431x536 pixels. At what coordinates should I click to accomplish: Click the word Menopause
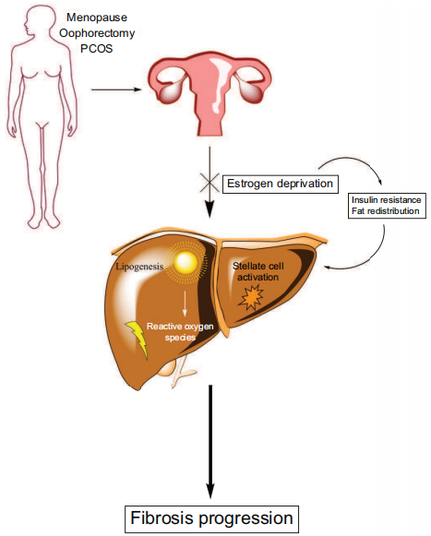(97, 18)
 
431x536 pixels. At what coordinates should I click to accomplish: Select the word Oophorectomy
(97, 33)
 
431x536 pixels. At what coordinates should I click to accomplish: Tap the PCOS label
(97, 49)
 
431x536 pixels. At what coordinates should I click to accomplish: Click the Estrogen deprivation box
(281, 184)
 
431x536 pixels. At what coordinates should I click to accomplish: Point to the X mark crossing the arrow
(210, 183)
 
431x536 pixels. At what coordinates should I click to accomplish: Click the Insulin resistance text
(386, 200)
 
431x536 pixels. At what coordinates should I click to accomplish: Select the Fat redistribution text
(385, 211)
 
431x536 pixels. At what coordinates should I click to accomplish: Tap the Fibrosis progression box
(211, 518)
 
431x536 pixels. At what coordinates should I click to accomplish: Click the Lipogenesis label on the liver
(139, 267)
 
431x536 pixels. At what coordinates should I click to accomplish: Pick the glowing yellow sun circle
(186, 263)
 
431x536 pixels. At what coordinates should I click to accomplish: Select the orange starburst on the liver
(251, 298)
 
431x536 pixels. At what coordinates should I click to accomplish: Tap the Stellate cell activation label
(257, 271)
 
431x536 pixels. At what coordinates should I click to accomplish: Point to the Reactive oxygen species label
(180, 332)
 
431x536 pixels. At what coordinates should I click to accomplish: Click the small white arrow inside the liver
(185, 304)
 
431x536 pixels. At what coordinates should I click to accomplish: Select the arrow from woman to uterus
(116, 89)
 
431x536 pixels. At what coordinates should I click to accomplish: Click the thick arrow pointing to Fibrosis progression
(210, 442)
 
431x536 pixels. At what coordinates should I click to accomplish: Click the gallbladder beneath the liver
(167, 368)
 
